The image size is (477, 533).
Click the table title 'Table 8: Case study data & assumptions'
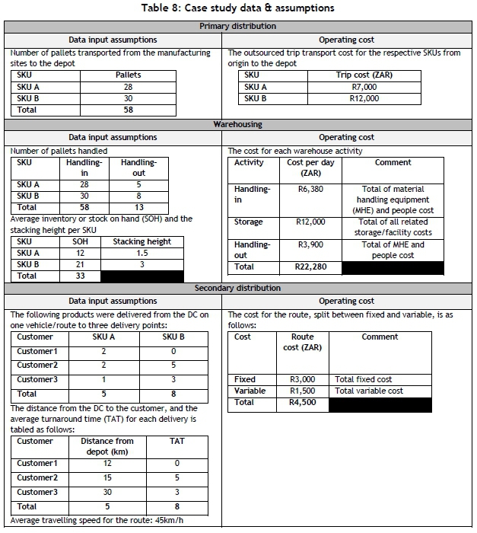238,8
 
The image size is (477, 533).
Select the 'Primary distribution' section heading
238,27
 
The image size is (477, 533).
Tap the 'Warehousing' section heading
238,124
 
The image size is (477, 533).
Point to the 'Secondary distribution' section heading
238,288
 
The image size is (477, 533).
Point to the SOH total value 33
80,276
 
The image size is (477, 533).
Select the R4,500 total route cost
302,403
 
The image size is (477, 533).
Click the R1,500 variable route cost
302,391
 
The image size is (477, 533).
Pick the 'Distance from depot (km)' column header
107,447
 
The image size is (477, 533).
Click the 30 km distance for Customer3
107,493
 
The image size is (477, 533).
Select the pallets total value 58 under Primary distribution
128,110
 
